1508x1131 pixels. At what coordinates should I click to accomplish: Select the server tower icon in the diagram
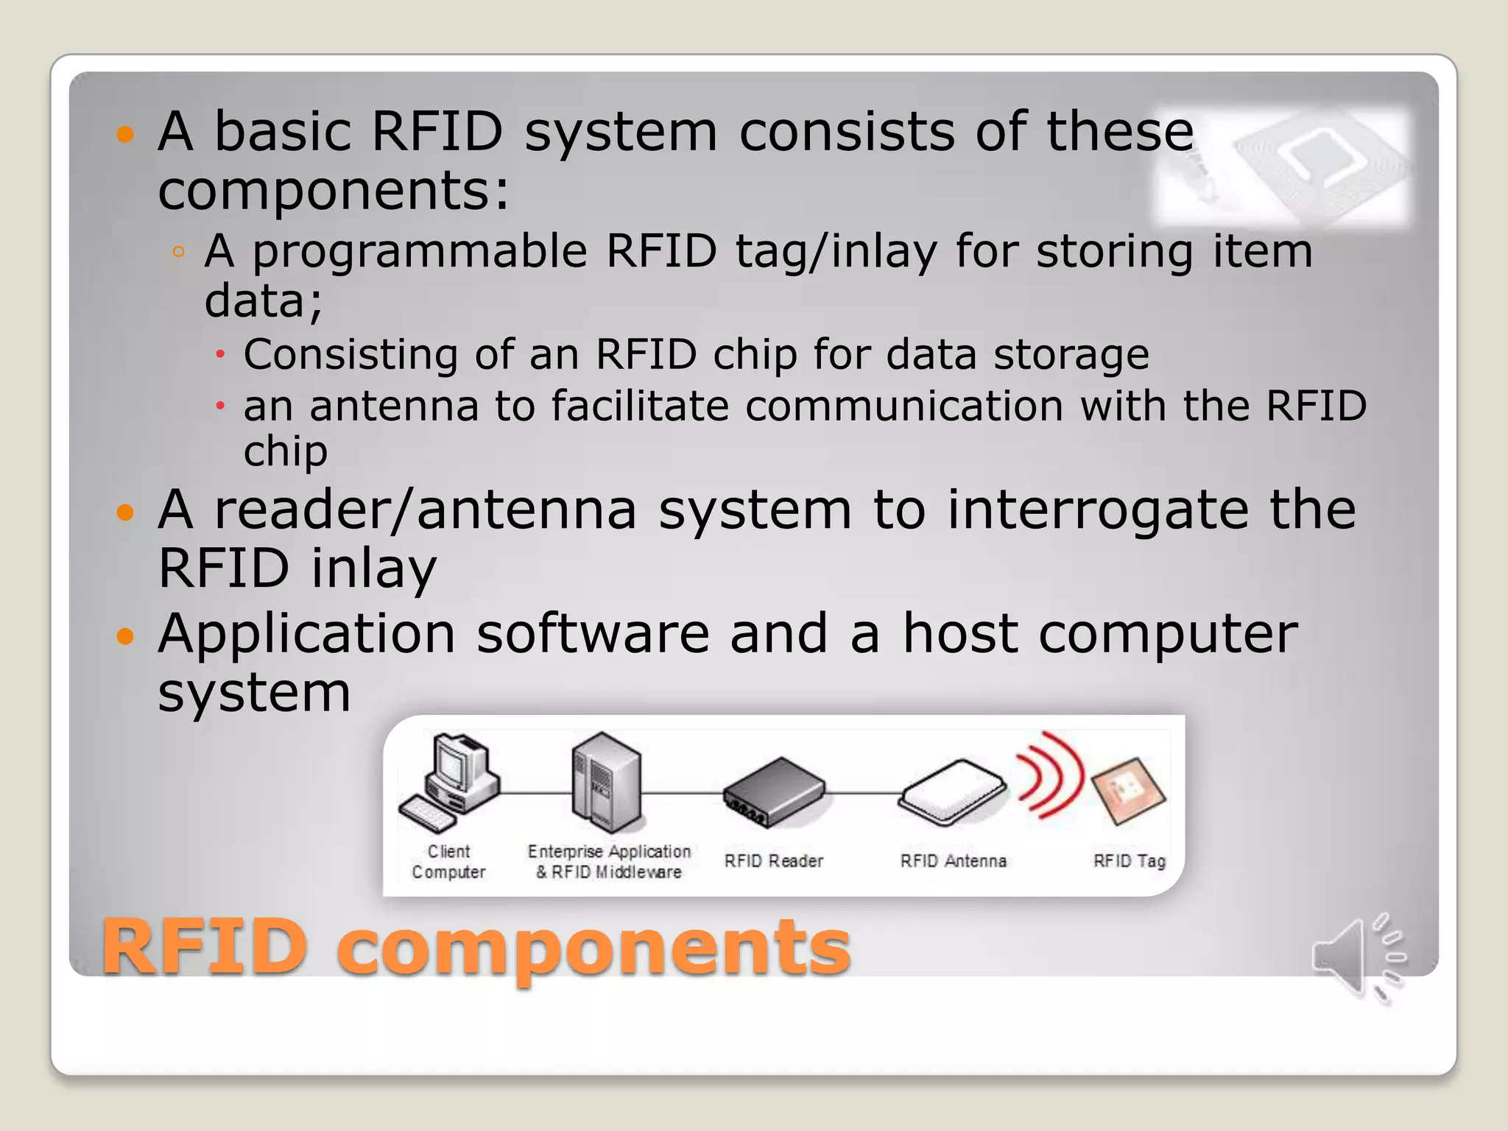[x=606, y=783]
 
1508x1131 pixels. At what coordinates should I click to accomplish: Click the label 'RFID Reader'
[x=773, y=861]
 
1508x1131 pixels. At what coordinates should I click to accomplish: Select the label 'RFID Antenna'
[x=953, y=861]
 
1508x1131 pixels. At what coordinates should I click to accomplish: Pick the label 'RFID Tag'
[x=1129, y=861]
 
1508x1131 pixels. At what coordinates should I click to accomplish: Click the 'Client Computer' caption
[x=448, y=862]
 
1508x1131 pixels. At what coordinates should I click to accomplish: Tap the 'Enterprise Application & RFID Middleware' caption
[x=609, y=862]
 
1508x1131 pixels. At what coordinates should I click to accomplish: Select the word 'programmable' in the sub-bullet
[x=420, y=252]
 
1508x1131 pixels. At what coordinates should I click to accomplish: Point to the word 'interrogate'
[x=1097, y=510]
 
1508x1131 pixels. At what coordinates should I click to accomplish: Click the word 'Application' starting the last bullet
[x=306, y=633]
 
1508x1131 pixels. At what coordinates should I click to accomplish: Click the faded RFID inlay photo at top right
[x=1282, y=166]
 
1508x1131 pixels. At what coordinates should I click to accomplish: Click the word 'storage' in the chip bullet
[x=1071, y=355]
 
